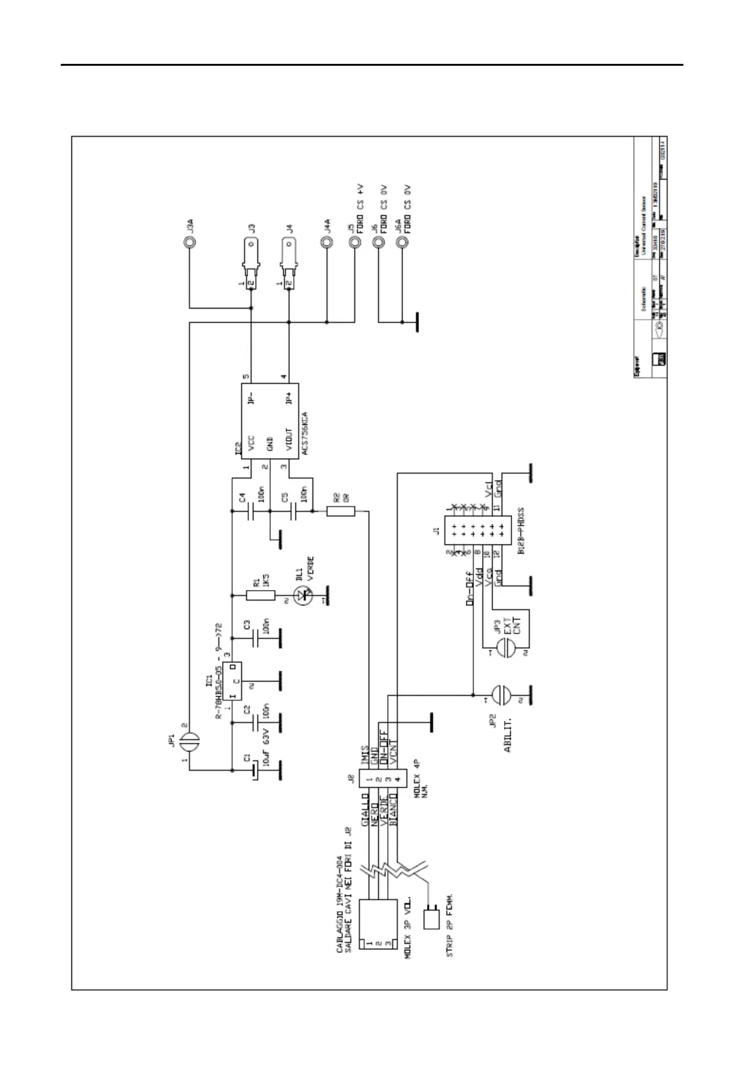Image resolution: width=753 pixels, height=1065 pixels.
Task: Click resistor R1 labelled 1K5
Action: (x=260, y=594)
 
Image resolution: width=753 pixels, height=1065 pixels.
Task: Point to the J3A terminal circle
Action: (x=188, y=242)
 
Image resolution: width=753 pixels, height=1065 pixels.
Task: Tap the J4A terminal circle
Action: (x=327, y=242)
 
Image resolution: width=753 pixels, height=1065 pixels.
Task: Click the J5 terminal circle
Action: (x=352, y=242)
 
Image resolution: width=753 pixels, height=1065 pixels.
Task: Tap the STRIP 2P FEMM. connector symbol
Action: (x=431, y=918)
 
